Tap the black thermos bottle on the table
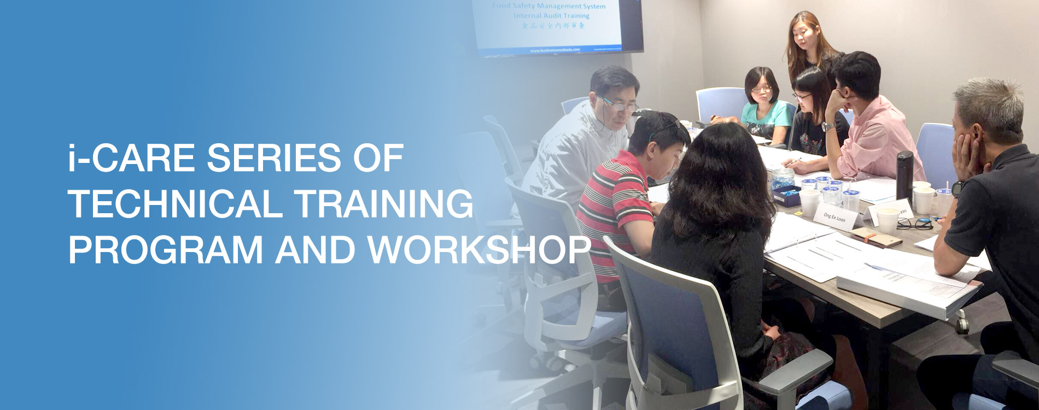click(904, 174)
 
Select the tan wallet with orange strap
click(875, 237)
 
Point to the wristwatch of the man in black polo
click(957, 189)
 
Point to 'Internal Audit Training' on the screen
click(551, 16)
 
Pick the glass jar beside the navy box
click(782, 178)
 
